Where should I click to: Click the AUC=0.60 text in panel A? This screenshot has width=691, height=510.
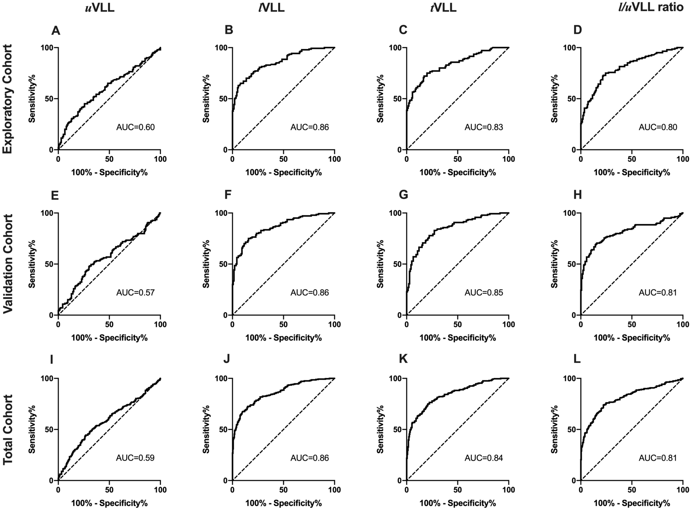pyautogui.click(x=136, y=127)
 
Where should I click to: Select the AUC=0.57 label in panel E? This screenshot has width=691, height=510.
pyautogui.click(x=136, y=293)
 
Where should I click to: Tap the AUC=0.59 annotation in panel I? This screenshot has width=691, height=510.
pyautogui.click(x=136, y=458)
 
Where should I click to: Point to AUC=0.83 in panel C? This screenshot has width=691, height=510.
pyautogui.click(x=484, y=127)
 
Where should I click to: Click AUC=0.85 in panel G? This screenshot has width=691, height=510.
pyautogui.click(x=484, y=293)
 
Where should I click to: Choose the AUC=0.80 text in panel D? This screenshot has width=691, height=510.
pyautogui.click(x=658, y=127)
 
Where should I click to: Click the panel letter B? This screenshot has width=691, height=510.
pyautogui.click(x=229, y=30)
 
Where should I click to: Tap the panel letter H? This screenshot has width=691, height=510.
pyautogui.click(x=577, y=195)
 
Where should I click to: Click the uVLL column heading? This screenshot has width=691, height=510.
pyautogui.click(x=100, y=8)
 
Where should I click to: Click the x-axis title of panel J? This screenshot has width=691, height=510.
pyautogui.click(x=283, y=503)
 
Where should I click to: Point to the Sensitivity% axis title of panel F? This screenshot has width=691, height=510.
pyautogui.click(x=206, y=264)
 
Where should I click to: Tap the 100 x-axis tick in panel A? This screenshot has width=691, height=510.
pyautogui.click(x=160, y=159)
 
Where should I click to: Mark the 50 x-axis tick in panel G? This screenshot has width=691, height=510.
pyautogui.click(x=457, y=325)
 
